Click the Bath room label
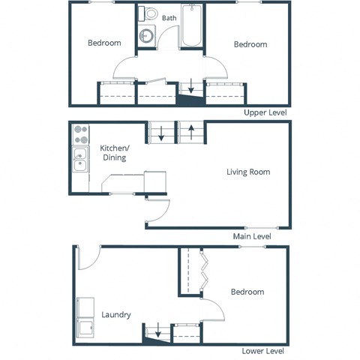click(x=169, y=18)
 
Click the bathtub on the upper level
click(x=192, y=27)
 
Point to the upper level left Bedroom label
click(x=104, y=43)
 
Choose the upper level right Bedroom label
click(x=250, y=45)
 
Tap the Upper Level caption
click(x=265, y=113)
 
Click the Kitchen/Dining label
click(x=113, y=153)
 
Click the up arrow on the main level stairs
click(x=192, y=133)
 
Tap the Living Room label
click(x=248, y=172)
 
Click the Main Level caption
click(x=251, y=236)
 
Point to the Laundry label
click(x=117, y=315)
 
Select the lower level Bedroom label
click(x=247, y=292)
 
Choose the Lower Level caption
click(x=262, y=351)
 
